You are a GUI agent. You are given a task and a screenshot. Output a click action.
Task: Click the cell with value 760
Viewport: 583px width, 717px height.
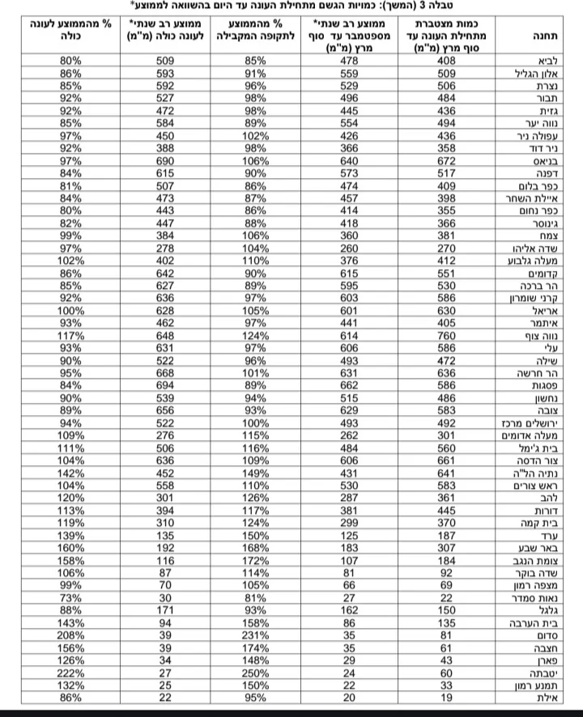[x=446, y=335]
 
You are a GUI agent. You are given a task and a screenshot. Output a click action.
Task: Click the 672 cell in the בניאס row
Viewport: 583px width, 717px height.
[x=446, y=160]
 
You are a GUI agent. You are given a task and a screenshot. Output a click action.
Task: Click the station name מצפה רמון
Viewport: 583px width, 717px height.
[x=530, y=584]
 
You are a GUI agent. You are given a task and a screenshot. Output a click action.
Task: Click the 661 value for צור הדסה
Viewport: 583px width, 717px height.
[x=446, y=460]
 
